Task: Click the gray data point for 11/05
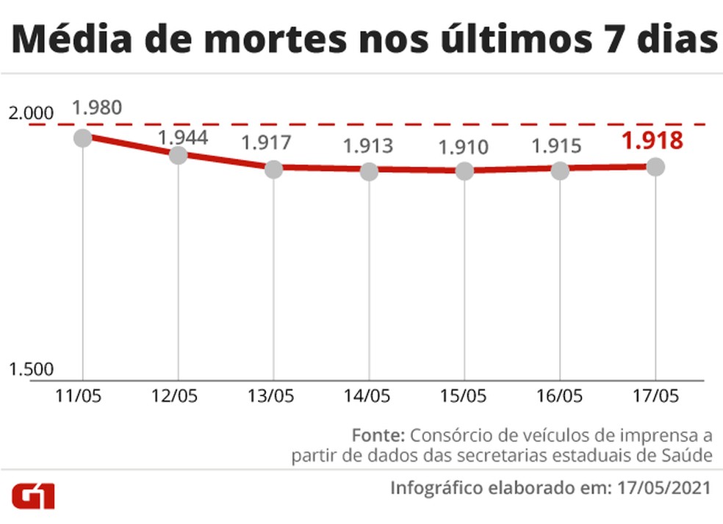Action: tap(82, 137)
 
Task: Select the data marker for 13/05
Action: tap(273, 169)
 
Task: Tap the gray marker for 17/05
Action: tap(655, 167)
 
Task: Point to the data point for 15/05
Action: tap(464, 171)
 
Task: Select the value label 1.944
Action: tap(183, 137)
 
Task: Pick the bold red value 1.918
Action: tap(652, 140)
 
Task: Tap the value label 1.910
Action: tap(463, 147)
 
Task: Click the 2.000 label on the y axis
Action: tap(31, 113)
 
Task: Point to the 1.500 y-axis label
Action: tap(31, 370)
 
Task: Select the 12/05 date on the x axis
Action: tap(174, 395)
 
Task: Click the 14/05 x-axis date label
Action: tap(367, 395)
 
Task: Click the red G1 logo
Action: tap(32, 496)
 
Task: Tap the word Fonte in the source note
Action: tap(378, 433)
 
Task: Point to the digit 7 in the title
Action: tap(578, 40)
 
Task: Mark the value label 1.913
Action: tap(368, 146)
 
